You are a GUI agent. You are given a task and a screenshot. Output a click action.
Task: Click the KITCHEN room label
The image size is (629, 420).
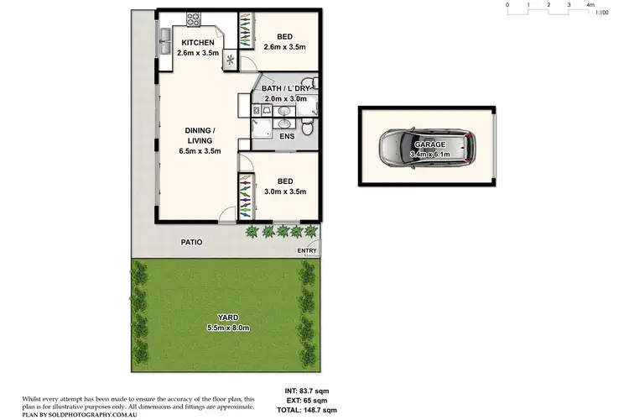point(198,43)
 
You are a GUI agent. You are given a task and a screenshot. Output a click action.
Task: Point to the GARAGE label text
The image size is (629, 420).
point(429,144)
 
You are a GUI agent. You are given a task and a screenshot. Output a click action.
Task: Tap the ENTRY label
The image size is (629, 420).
point(308,250)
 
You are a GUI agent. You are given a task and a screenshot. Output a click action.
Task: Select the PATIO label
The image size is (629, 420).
point(192,242)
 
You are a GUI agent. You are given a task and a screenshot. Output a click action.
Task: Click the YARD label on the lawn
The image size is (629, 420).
point(216,317)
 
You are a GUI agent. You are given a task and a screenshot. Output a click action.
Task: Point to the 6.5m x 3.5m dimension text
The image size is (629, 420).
point(200,151)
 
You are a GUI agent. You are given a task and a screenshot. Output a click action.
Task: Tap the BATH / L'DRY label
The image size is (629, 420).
point(285,88)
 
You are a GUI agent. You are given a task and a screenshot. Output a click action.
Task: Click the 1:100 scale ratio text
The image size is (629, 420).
point(600,12)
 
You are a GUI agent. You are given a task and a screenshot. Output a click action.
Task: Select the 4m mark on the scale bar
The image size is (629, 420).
point(590,4)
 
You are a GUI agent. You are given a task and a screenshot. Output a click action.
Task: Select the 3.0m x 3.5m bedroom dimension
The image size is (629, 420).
point(286,192)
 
